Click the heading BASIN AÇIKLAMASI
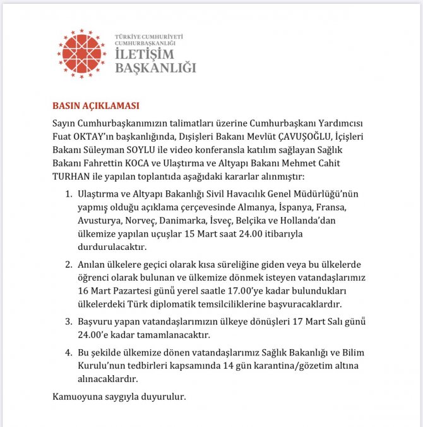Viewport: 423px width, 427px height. [95, 105]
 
